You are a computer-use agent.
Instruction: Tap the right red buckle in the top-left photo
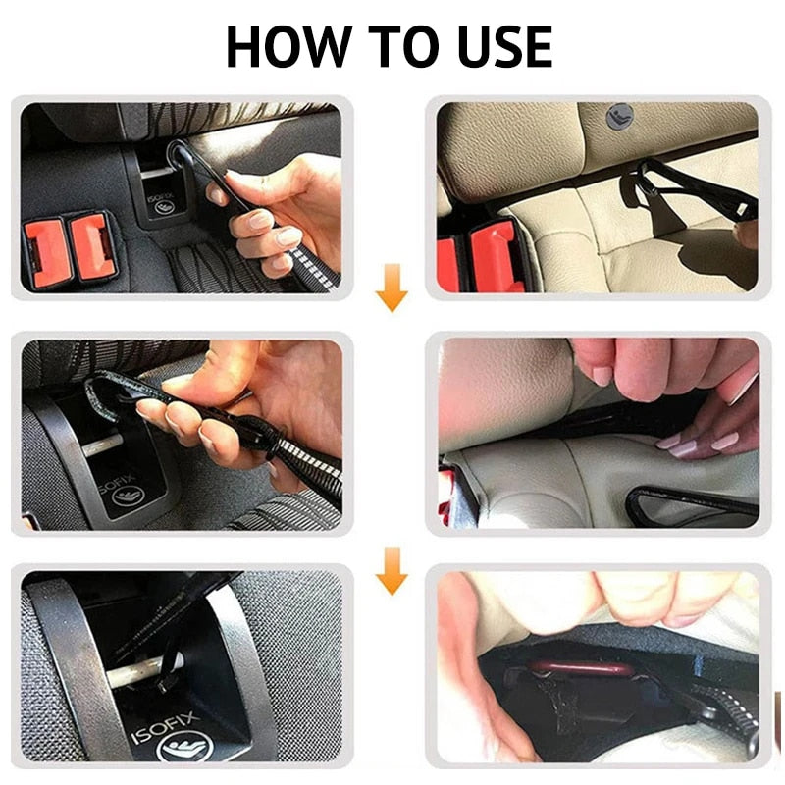(x=90, y=245)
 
